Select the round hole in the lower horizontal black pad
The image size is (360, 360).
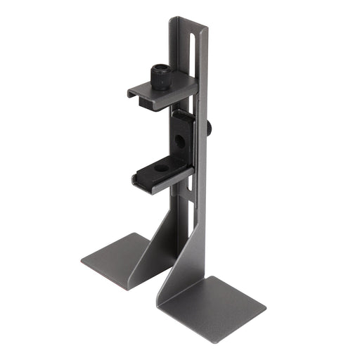coord(161,168)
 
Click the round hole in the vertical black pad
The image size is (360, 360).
coord(181,141)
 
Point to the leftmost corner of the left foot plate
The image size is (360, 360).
coord(82,258)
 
